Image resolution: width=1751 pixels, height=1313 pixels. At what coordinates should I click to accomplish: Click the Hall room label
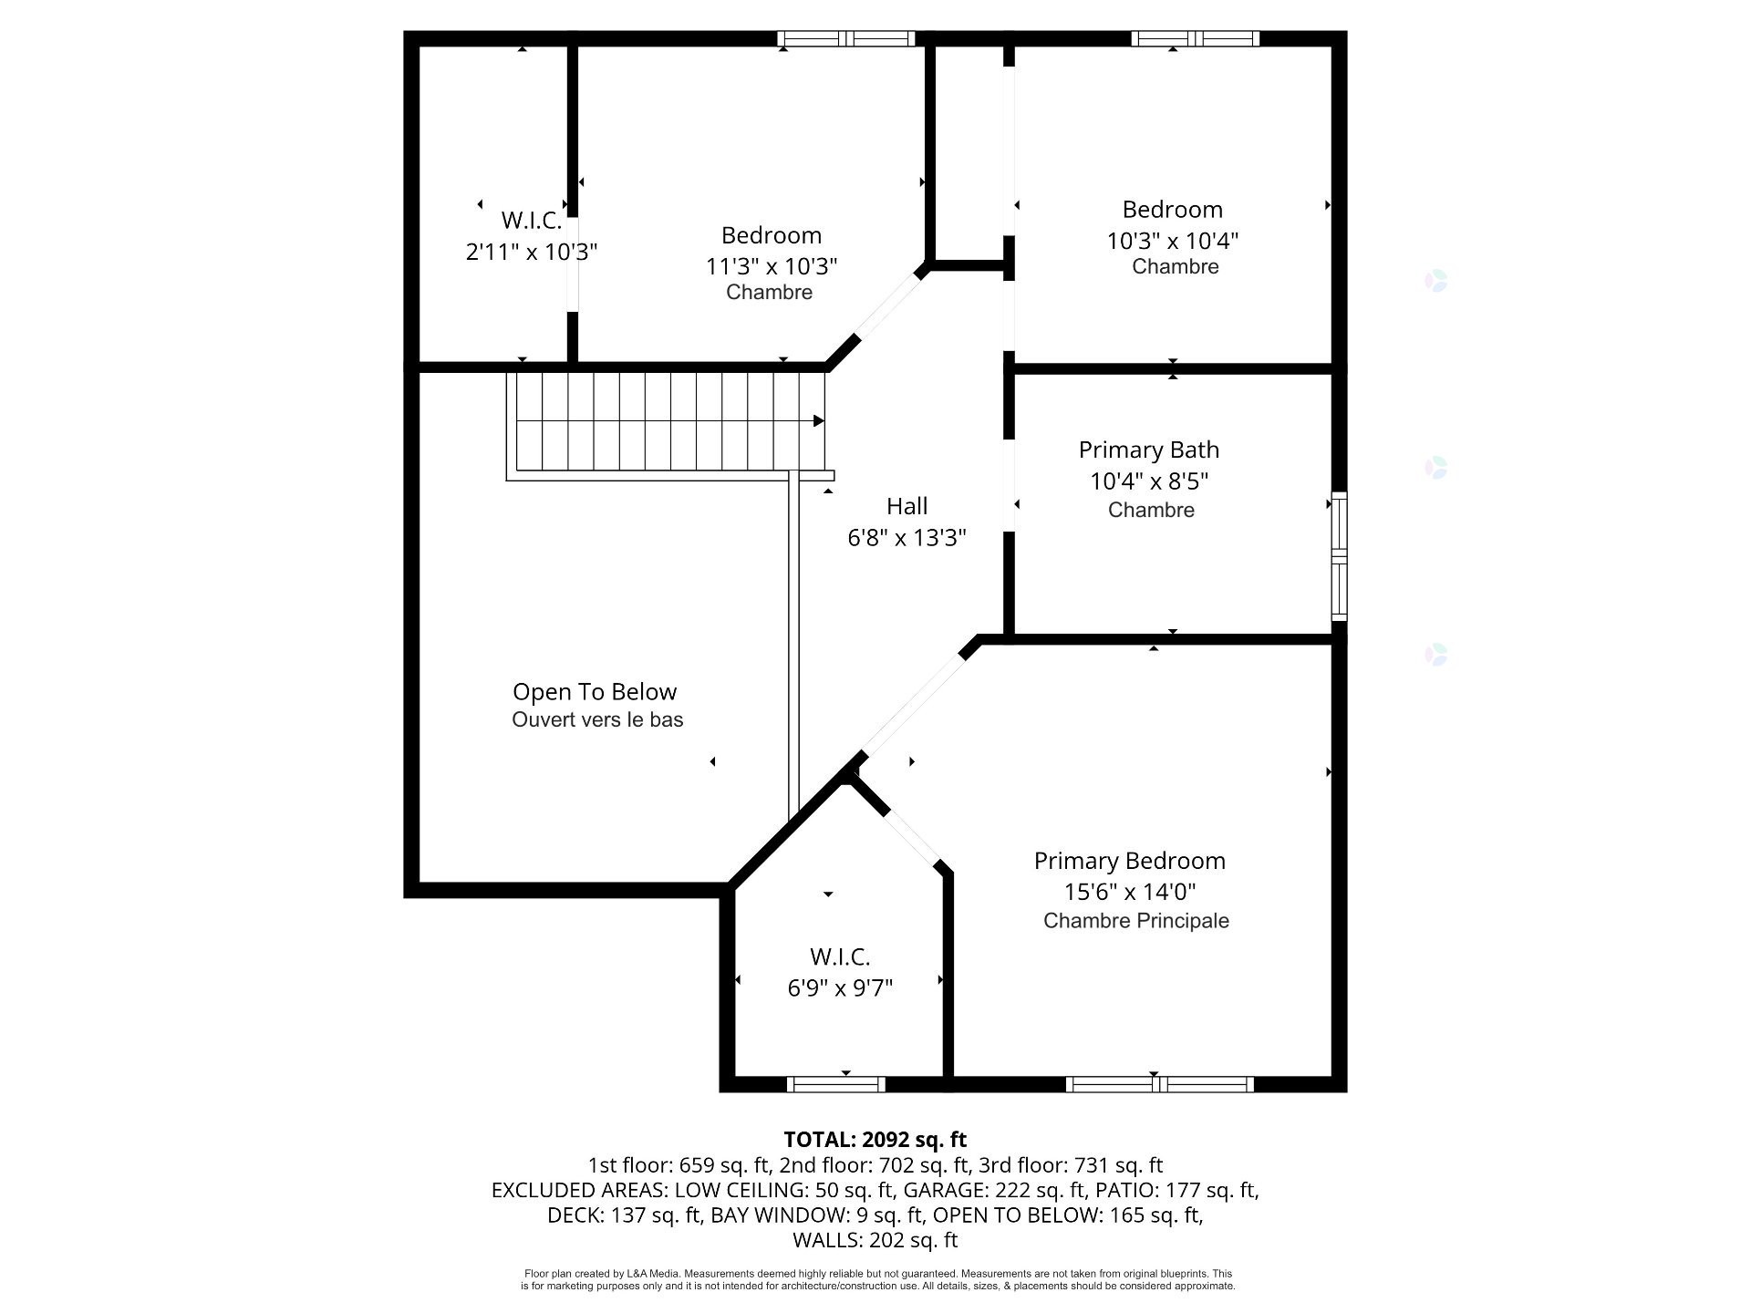907,506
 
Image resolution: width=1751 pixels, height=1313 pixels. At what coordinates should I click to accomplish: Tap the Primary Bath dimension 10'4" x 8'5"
1149,481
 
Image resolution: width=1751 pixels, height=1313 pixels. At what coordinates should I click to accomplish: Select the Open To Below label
595,692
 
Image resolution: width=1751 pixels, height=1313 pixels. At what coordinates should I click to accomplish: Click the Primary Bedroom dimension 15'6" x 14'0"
1130,892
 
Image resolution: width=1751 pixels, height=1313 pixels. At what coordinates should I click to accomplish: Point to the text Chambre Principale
1136,921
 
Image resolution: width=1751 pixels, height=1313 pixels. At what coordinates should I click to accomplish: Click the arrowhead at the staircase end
819,421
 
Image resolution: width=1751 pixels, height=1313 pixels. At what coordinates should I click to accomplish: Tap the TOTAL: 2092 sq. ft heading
875,1140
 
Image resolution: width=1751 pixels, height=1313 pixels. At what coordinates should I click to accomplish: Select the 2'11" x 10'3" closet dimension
532,252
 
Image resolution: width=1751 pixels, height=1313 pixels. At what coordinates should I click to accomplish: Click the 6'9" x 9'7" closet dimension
840,987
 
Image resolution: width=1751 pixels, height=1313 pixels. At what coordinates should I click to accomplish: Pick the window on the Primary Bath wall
1339,556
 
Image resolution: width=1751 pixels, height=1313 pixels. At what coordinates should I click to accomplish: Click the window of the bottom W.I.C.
836,1084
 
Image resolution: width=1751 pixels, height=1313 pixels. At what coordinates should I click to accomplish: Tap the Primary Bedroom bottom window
1159,1084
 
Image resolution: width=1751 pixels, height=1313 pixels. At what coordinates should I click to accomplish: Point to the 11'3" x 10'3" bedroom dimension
772,266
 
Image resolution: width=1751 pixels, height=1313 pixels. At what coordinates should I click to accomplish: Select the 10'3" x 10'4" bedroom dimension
1173,241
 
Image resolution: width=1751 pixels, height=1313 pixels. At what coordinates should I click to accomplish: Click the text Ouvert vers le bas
597,720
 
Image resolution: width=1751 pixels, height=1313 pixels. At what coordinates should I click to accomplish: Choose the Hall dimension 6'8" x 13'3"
907,538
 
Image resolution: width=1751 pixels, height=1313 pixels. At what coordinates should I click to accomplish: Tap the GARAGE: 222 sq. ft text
995,1190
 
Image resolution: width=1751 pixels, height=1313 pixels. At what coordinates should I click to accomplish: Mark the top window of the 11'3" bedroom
846,38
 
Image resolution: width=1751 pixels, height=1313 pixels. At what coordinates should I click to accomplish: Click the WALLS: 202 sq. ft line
875,1240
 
